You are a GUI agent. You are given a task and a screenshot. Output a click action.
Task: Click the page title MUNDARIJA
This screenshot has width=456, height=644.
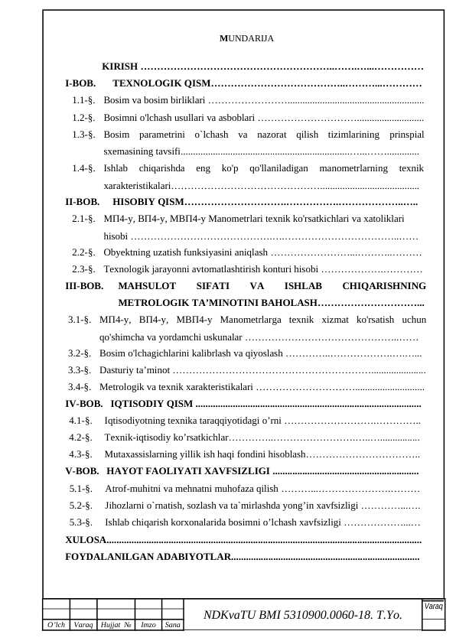[x=246, y=38]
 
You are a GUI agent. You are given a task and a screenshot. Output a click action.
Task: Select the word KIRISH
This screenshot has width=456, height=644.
[x=119, y=67]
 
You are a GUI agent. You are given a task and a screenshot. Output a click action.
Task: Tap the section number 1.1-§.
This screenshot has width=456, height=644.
[x=83, y=99]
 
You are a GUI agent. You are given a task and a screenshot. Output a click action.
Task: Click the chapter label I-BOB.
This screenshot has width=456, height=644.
[x=80, y=83]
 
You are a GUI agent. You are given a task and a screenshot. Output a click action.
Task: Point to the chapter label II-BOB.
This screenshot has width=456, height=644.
[x=82, y=202]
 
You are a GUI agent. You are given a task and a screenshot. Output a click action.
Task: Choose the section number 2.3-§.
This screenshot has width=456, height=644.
[x=83, y=269]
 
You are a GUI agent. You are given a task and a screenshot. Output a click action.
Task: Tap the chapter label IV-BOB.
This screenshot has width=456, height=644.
[x=83, y=404]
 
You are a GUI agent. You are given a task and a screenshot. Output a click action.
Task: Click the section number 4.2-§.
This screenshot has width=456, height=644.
[x=80, y=437]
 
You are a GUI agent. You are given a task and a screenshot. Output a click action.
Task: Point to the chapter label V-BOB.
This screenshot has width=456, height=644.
[x=82, y=471]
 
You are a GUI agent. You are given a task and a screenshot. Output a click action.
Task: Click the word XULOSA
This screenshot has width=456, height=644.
[x=86, y=540]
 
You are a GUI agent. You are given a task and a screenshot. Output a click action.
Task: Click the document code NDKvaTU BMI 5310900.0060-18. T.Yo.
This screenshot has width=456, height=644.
[x=302, y=615]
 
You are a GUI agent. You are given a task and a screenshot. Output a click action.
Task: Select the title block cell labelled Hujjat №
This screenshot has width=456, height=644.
[x=116, y=625]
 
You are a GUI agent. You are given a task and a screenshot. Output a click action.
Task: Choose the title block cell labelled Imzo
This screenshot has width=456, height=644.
[x=148, y=625]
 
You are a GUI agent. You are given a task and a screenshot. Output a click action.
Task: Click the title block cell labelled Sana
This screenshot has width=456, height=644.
[x=173, y=625]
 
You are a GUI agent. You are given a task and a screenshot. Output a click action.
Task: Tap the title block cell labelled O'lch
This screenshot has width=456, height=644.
[x=56, y=625]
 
